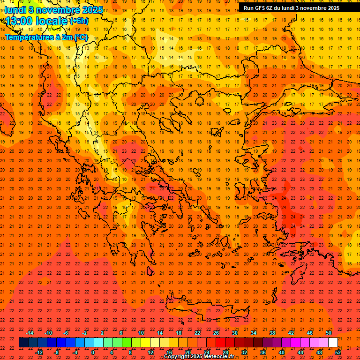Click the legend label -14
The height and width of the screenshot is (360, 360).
point(30,333)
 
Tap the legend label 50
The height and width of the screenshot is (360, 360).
point(328,333)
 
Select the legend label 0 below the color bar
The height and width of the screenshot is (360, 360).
point(93,352)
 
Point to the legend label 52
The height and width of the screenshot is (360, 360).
point(338,352)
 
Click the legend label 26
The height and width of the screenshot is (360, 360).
point(216,333)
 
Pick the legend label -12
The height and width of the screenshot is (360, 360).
point(39,352)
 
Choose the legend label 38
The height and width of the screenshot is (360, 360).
point(272,333)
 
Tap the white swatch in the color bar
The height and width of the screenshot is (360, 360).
point(333,342)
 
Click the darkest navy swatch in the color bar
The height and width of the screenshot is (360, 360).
point(23,342)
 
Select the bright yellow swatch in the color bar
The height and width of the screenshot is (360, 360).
point(145,342)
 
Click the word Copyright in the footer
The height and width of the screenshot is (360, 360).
point(177,357)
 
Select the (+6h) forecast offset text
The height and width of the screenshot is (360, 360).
point(78,22)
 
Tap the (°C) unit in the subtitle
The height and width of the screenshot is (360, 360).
point(80,37)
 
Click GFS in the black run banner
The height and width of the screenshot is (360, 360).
point(260,8)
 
